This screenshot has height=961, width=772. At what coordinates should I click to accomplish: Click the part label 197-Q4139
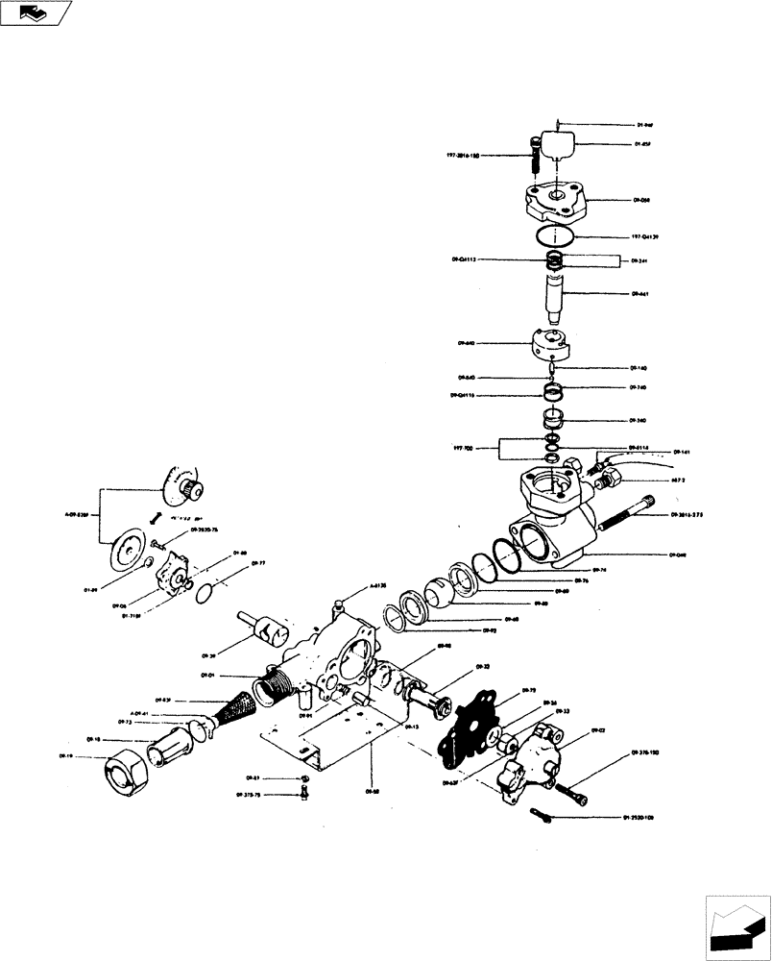coord(646,235)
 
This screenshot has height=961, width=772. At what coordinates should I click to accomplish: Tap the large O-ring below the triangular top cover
coord(554,235)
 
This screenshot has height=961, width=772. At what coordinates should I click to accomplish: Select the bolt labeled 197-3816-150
coord(535,156)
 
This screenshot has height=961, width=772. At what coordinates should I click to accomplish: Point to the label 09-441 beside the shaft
coord(641,294)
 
